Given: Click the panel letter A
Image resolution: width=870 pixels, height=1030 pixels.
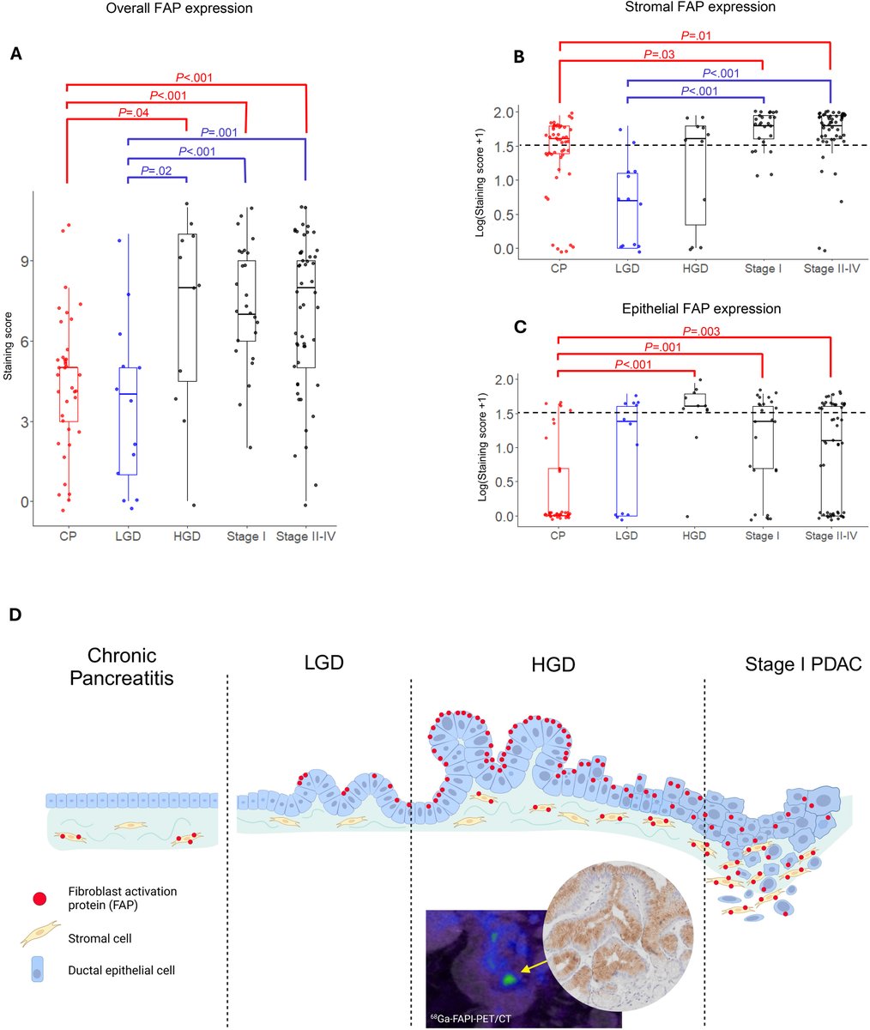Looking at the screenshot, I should coord(15,54).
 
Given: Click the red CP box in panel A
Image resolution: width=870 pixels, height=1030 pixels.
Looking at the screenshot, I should coord(68,394).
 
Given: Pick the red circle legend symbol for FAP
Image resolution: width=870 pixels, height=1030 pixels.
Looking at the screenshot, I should coord(38,898).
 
